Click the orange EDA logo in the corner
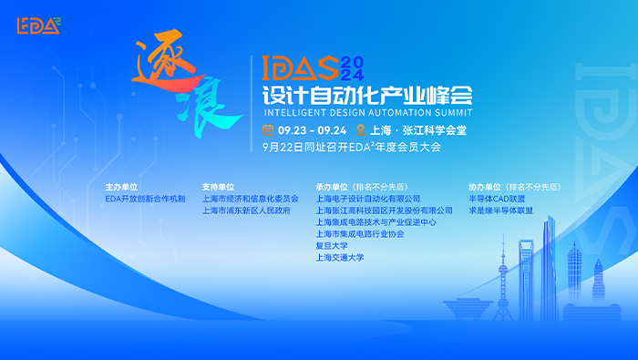[x=38, y=26]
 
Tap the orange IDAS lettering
[x=300, y=68]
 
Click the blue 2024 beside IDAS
[x=352, y=68]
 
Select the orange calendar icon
[x=268, y=129]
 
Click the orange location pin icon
[x=361, y=129]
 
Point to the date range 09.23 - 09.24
[x=312, y=130]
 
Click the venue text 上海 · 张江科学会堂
[x=417, y=130]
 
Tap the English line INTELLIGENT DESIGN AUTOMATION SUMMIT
[x=368, y=112]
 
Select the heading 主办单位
[x=121, y=187]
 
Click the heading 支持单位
[x=218, y=187]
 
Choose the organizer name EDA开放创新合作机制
[x=145, y=199]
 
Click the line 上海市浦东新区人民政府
[x=247, y=211]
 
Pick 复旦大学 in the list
[x=332, y=246]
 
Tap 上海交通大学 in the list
[x=340, y=258]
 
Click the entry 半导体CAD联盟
[x=497, y=199]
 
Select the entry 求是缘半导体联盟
[x=501, y=211]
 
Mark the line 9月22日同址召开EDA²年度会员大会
[x=352, y=147]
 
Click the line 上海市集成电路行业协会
[x=360, y=234]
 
